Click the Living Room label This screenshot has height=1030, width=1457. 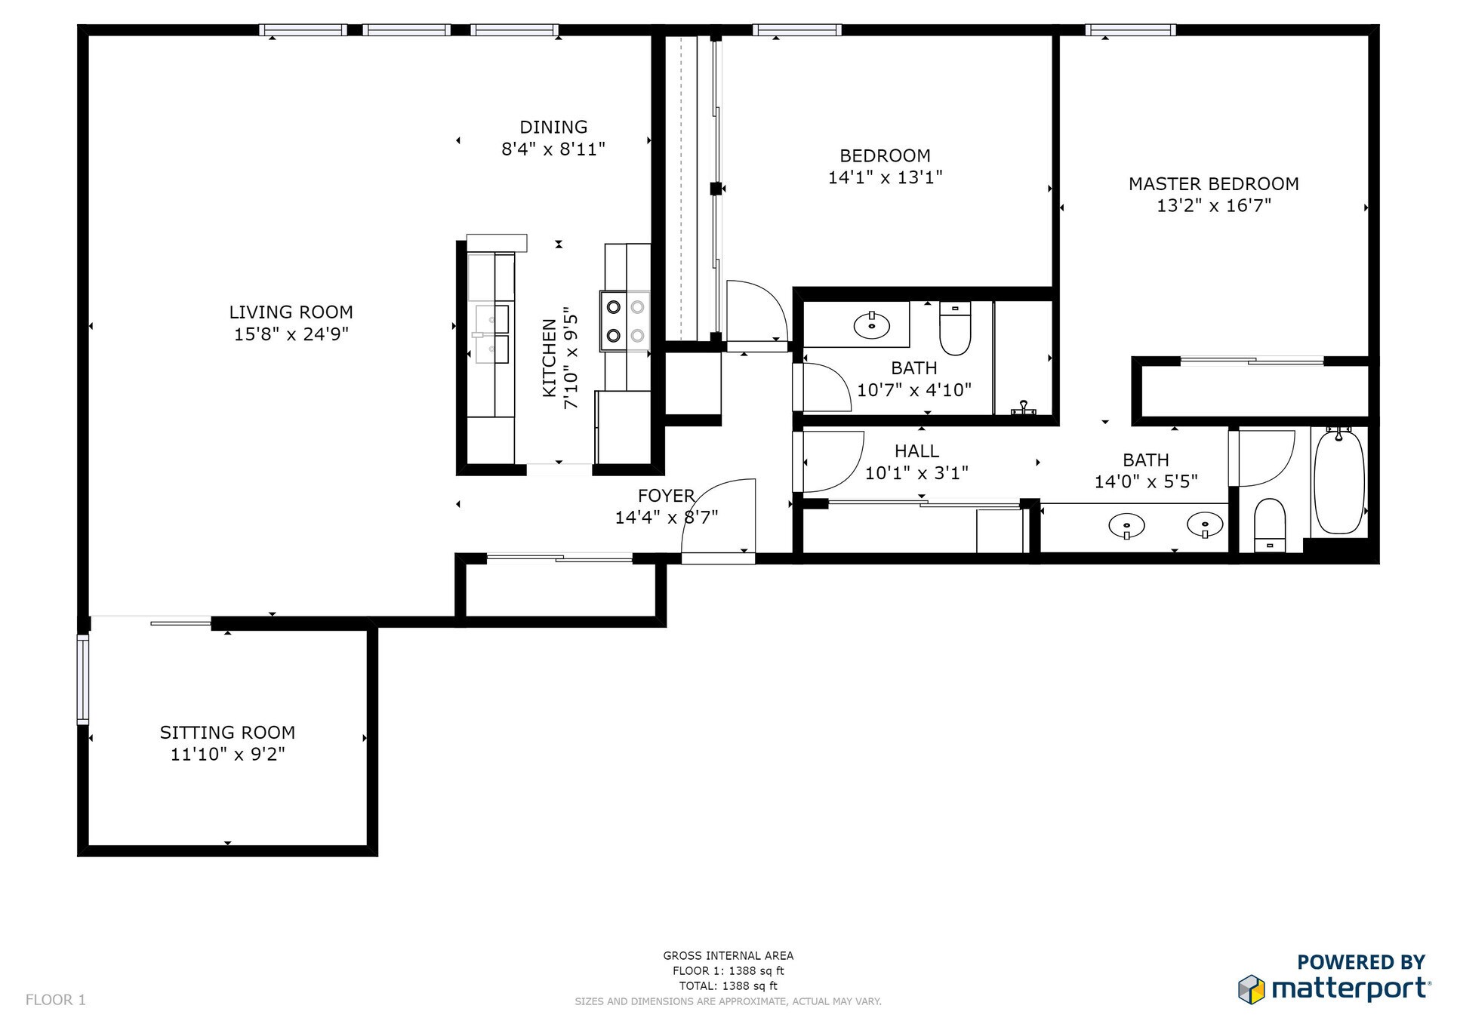pyautogui.click(x=291, y=312)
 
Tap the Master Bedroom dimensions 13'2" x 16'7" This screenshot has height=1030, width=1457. pyautogui.click(x=1213, y=205)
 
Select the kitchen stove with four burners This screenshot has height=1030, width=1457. pyautogui.click(x=625, y=321)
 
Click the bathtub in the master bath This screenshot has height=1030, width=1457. pyautogui.click(x=1338, y=483)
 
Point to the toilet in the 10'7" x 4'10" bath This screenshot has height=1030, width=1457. pyautogui.click(x=955, y=329)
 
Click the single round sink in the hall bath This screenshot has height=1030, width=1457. pyautogui.click(x=871, y=326)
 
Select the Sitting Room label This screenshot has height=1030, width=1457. pyautogui.click(x=227, y=732)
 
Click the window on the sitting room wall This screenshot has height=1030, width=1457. pyautogui.click(x=83, y=679)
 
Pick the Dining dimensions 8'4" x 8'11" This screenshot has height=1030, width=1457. pyautogui.click(x=553, y=149)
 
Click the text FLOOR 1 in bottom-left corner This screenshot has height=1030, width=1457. pyautogui.click(x=56, y=1000)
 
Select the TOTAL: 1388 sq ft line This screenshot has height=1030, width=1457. pyautogui.click(x=728, y=985)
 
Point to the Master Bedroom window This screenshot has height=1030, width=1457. pyautogui.click(x=1130, y=30)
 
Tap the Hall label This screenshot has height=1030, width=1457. pyautogui.click(x=916, y=451)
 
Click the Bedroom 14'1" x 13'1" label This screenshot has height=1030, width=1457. pyautogui.click(x=885, y=156)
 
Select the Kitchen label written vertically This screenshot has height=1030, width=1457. pyautogui.click(x=550, y=358)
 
